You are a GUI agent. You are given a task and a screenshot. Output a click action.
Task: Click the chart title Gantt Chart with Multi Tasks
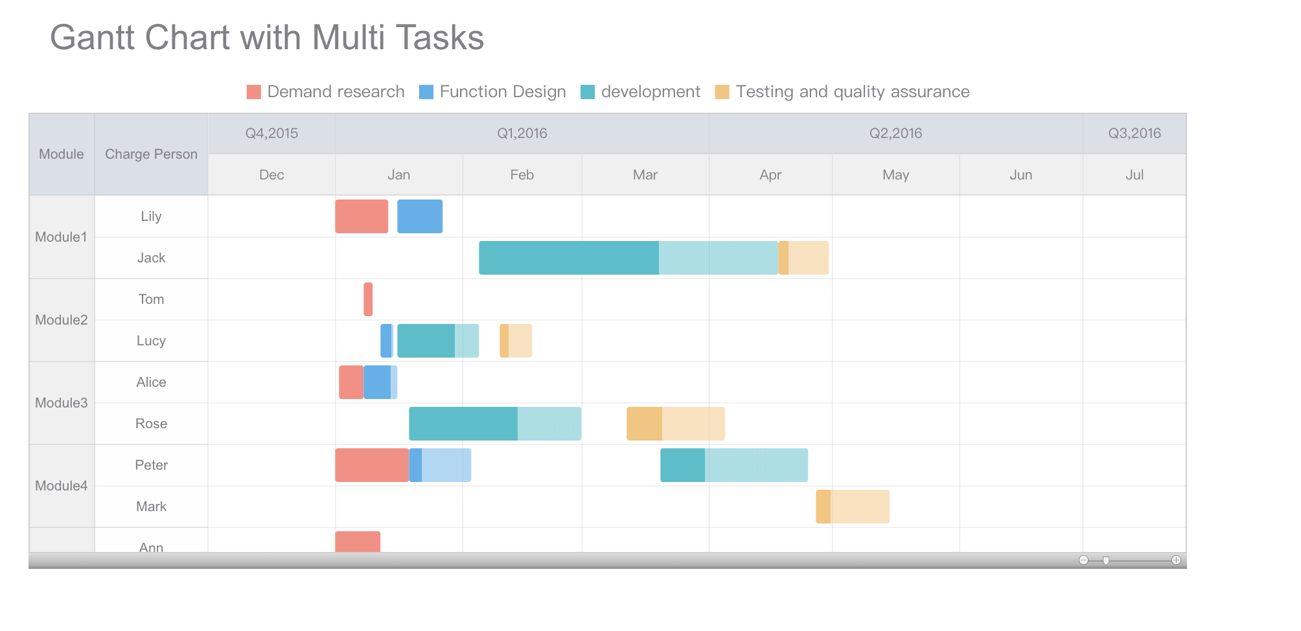(267, 38)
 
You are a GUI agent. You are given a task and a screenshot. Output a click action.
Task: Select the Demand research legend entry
(326, 92)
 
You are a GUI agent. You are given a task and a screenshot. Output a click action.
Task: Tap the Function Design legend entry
(492, 92)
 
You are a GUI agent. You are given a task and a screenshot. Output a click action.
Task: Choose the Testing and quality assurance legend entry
(842, 92)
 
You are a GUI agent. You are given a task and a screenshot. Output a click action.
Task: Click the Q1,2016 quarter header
(522, 133)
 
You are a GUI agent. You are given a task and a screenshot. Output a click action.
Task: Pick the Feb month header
(522, 175)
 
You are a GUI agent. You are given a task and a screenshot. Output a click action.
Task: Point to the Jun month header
(1020, 175)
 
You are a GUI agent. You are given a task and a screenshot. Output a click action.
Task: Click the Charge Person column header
(151, 154)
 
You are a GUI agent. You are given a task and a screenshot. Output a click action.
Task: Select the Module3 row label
(62, 403)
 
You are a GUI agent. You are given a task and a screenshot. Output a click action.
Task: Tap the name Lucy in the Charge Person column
(151, 341)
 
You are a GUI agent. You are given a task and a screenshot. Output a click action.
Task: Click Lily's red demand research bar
(362, 216)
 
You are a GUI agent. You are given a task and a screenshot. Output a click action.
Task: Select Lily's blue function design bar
(420, 216)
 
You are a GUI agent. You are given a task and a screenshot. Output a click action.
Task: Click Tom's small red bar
(368, 299)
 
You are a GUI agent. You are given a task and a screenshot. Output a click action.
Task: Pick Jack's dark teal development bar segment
(569, 258)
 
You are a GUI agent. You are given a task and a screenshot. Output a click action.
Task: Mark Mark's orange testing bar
(853, 507)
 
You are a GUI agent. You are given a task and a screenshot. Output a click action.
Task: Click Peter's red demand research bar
(372, 465)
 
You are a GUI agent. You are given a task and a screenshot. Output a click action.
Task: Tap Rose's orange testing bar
(676, 424)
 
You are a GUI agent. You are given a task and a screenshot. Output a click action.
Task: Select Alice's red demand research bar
(351, 382)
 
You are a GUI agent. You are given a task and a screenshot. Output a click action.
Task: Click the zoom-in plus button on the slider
(1176, 560)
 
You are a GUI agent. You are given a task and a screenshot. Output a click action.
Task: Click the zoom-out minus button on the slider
(1083, 560)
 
